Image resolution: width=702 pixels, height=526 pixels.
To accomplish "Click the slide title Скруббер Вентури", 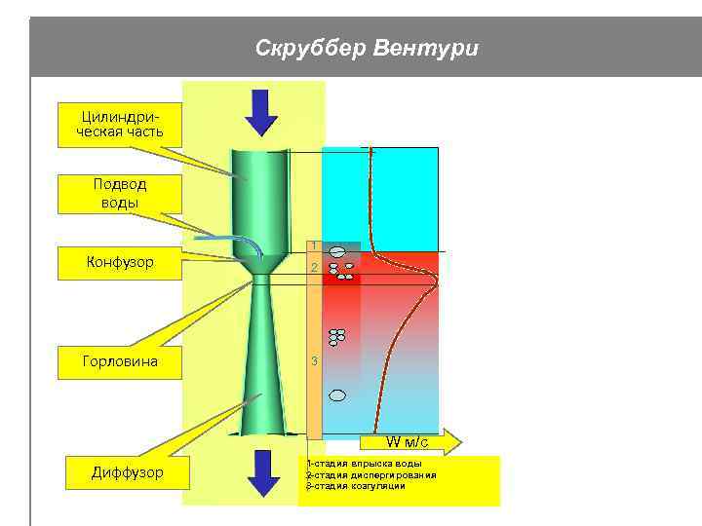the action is click(367, 48).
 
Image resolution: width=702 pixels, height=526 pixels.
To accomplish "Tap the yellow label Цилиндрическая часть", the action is click(120, 124).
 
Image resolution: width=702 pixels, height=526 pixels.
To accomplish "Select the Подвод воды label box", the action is click(120, 193).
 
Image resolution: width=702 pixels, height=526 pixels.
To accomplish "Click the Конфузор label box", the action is click(120, 263).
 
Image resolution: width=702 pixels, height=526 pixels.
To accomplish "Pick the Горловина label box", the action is click(120, 361).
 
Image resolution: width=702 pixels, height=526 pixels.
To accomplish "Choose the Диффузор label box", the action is click(128, 473).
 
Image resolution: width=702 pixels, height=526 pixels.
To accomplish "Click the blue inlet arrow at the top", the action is click(260, 111).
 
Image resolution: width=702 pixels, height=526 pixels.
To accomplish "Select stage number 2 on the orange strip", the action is click(314, 267).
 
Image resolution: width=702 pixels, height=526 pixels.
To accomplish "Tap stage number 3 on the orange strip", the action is click(314, 361).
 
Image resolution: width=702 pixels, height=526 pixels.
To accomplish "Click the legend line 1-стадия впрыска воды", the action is click(364, 464).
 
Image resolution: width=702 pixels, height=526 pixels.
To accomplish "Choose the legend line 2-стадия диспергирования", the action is click(370, 474).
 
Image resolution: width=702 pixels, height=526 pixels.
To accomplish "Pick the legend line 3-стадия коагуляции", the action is click(355, 485).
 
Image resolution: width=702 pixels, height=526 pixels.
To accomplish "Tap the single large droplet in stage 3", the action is click(337, 395).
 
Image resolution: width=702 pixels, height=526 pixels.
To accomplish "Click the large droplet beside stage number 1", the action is click(336, 251).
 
